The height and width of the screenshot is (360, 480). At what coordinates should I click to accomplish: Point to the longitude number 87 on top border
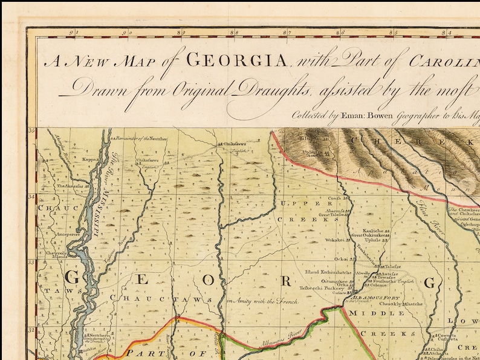click(x=288, y=33)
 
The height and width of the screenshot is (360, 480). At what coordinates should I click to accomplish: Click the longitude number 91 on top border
click(x=73, y=33)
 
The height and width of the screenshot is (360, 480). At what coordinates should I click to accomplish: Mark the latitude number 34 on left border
click(x=31, y=197)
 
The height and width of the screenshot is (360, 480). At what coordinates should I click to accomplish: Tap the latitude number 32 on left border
click(x=31, y=330)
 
